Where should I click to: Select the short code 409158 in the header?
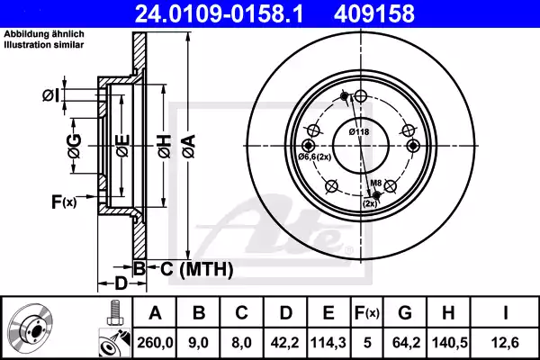402,14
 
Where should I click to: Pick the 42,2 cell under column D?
283,341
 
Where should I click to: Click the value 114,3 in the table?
328,341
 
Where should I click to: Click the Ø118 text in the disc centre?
360,132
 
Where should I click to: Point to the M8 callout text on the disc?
378,183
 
